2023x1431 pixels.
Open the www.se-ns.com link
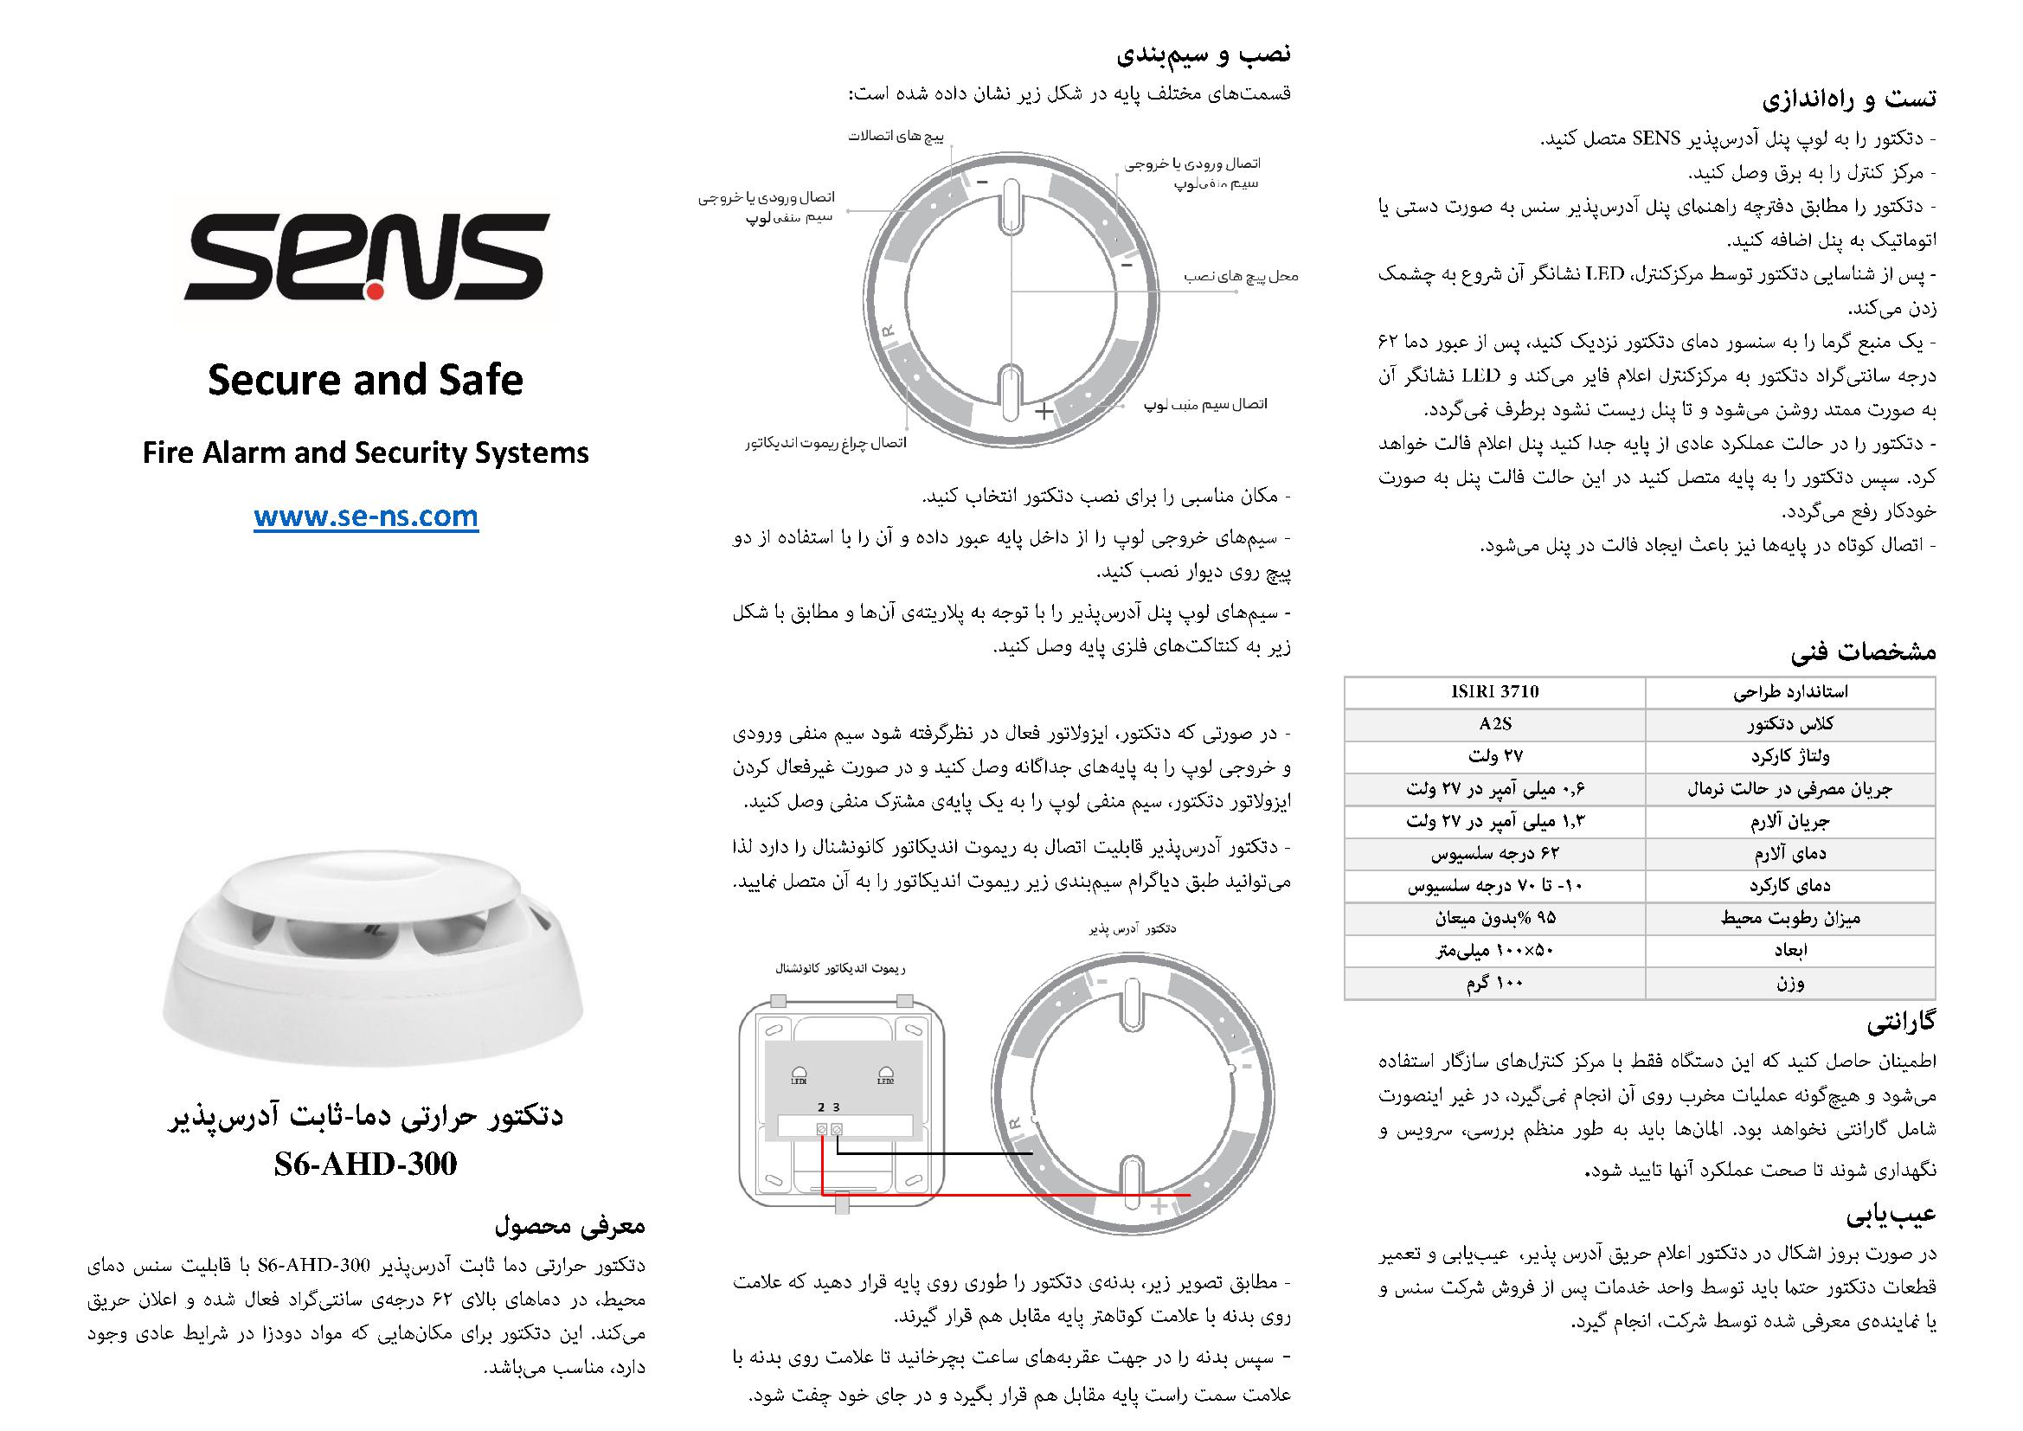pos(366,516)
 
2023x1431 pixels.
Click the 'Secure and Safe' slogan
pos(365,380)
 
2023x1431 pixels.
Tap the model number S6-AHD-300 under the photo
pos(365,1164)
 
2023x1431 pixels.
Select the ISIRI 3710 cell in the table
pos(1494,692)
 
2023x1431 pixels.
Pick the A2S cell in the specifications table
pos(1494,724)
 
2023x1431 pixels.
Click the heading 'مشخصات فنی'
pos(1863,652)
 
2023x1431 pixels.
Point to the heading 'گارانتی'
pos(1900,1023)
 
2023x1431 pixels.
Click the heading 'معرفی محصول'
pos(570,1225)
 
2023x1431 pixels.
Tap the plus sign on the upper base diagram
pos(1044,412)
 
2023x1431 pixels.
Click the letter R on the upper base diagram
pos(888,331)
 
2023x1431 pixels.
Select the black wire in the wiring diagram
pos(934,1153)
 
